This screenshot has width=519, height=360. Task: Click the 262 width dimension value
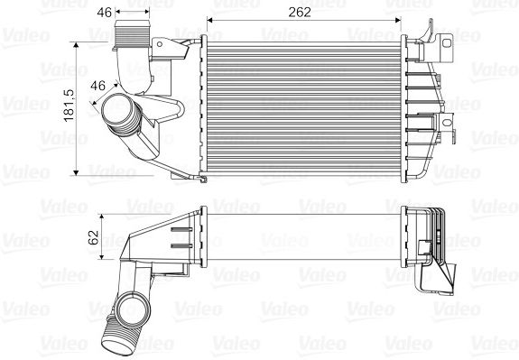300,13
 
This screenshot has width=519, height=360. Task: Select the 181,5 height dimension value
70,106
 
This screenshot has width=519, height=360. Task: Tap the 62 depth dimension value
94,237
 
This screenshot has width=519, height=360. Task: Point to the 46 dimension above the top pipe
105,13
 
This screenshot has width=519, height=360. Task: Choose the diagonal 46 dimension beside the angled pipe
98,86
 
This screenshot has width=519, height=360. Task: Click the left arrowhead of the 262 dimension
210,21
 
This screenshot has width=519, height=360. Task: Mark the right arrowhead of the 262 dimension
397,21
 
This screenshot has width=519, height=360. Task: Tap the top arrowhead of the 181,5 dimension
76,46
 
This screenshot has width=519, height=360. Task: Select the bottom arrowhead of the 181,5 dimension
76,171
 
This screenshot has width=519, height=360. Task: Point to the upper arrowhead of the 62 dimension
102,217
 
